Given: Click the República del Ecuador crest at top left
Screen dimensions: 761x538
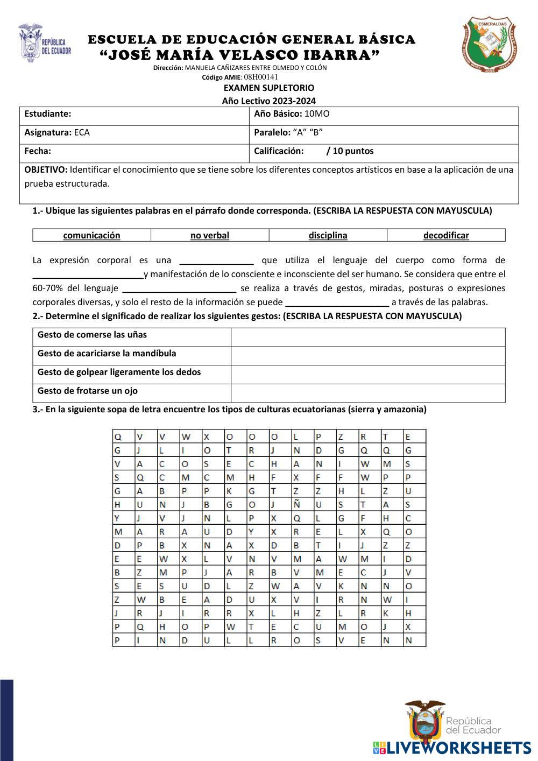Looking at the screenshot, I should pos(44,43).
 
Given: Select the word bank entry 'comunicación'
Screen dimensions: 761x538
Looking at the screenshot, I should pos(91,235).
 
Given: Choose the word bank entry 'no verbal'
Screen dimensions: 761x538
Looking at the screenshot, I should pos(210,235).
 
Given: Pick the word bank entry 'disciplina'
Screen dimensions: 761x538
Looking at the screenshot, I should pos(328,235).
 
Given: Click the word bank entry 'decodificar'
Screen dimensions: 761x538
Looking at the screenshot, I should pos(446,235).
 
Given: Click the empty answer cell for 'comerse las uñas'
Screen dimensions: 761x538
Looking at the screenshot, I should pos(368,337).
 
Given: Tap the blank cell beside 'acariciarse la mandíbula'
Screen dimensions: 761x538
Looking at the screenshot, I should pos(368,356).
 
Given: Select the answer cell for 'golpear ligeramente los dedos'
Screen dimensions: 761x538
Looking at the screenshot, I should pos(368,375).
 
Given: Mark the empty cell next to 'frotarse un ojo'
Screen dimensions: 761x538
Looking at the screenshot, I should pos(368,393).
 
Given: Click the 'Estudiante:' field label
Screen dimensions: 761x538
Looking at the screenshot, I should pos(48,114).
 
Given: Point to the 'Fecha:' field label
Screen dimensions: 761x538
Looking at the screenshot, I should pos(38,151).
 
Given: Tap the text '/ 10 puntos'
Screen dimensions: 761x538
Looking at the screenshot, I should pos(350,151).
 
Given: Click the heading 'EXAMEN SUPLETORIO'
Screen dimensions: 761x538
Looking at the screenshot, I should pos(268,88).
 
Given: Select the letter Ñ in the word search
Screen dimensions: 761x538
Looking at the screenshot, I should pos(296,505).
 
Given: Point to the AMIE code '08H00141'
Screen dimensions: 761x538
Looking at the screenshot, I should pos(261,77).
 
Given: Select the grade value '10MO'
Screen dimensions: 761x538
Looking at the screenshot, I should pos(317,114).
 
